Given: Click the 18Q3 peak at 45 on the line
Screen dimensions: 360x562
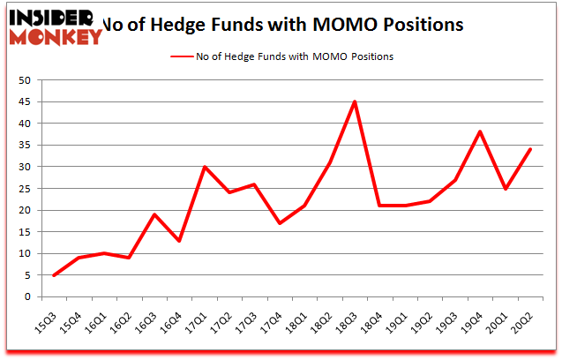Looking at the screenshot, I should point(355,101).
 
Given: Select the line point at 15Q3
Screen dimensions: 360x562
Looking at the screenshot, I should point(55,274).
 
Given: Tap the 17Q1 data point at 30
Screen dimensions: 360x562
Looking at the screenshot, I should point(205,167).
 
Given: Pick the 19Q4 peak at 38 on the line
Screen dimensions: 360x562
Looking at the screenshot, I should point(480,131).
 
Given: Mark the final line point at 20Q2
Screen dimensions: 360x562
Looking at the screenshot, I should point(530,149).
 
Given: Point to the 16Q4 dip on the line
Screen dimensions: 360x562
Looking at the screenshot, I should point(180,240).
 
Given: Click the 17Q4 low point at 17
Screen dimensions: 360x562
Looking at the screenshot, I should point(280,223).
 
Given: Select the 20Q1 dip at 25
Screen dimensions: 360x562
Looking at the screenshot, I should point(505,188).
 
